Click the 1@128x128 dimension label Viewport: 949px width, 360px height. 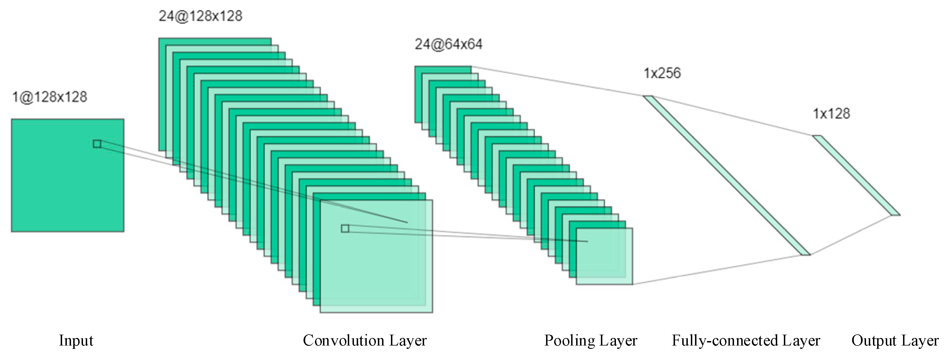click(50, 97)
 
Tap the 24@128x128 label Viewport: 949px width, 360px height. click(200, 16)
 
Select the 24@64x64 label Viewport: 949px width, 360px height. click(448, 44)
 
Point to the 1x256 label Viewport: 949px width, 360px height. click(662, 73)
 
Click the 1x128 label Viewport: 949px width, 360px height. click(831, 114)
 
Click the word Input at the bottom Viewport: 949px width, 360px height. click(76, 340)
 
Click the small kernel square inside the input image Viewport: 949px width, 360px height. click(97, 144)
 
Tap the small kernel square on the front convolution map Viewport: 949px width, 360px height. click(345, 228)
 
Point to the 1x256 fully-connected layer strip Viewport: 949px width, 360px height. click(726, 175)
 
